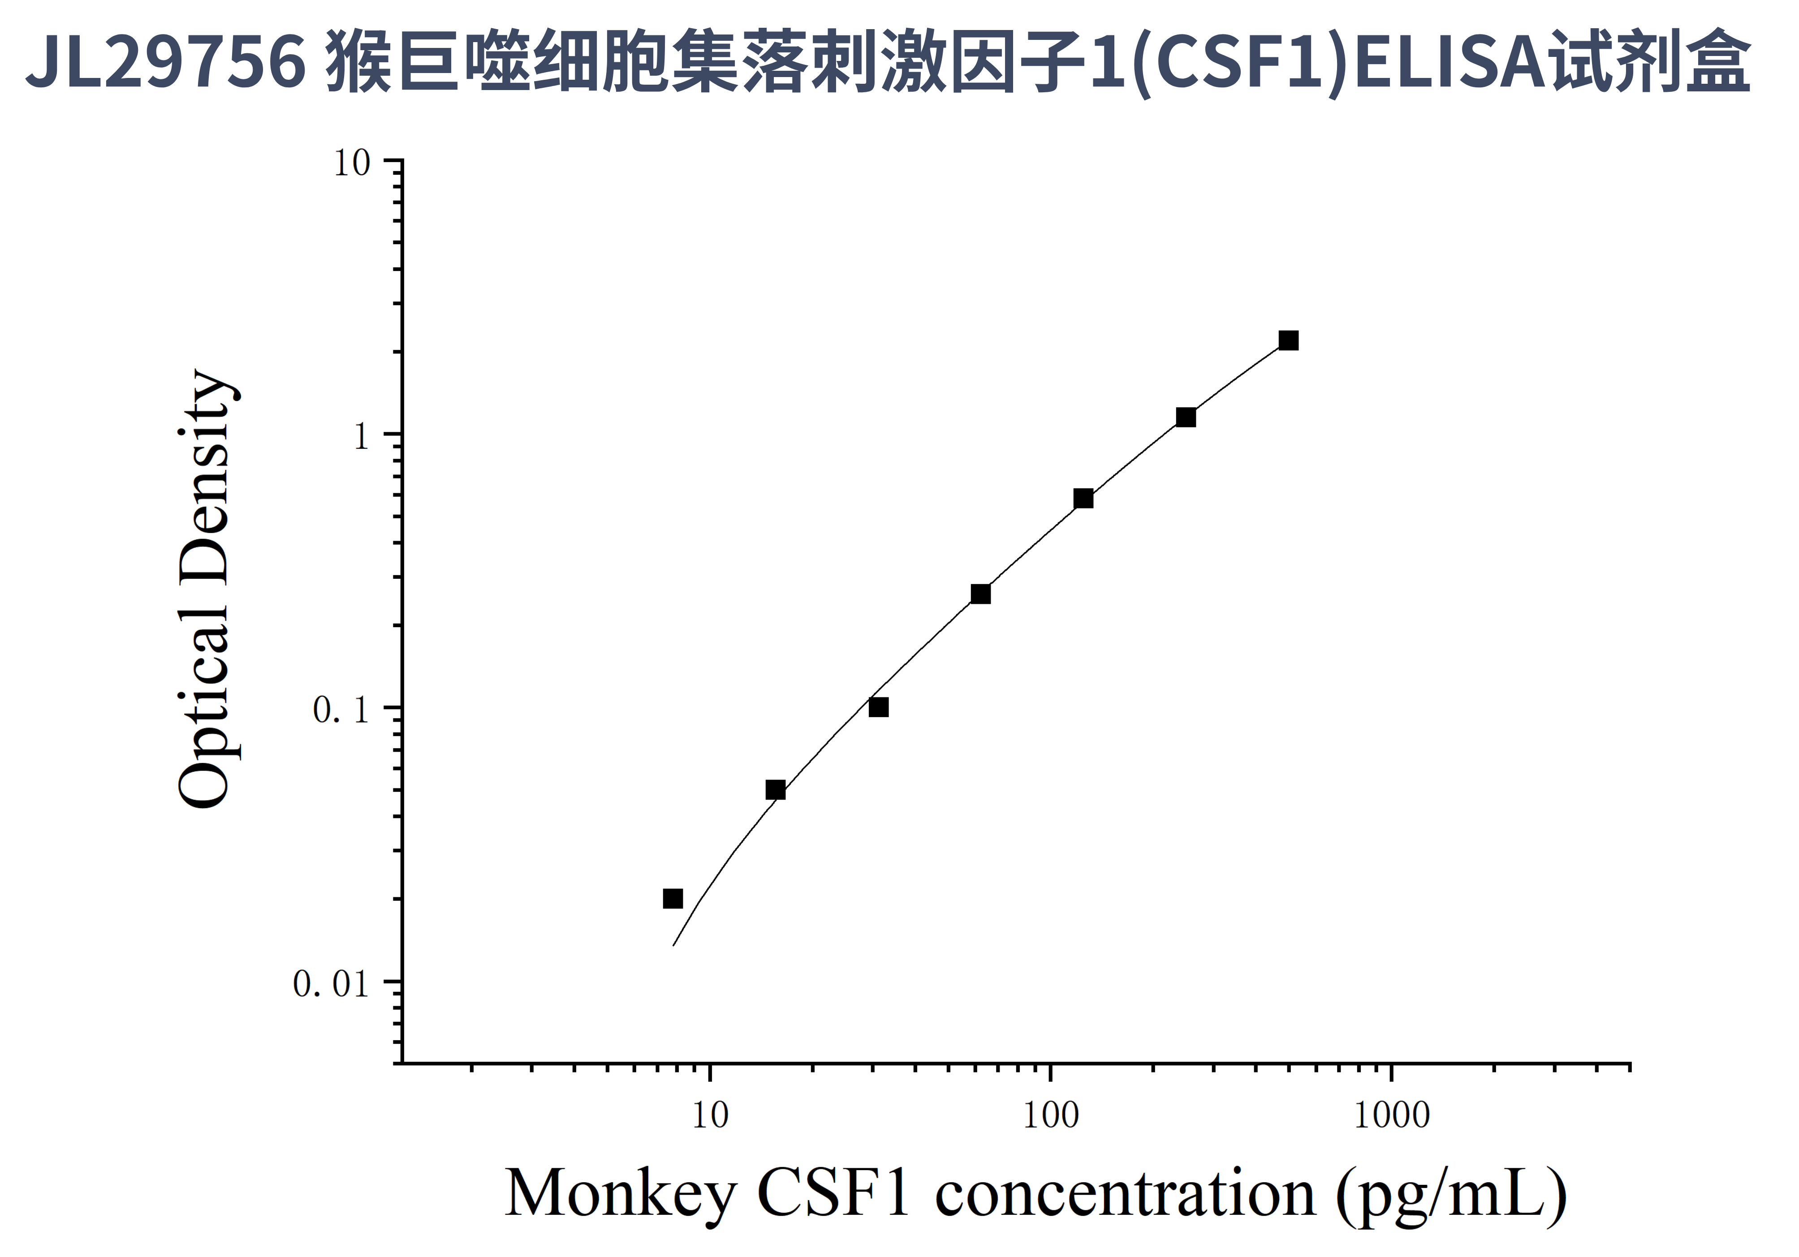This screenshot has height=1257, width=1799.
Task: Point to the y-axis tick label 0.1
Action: tap(340, 710)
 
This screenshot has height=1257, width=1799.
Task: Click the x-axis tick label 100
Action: tap(1051, 1115)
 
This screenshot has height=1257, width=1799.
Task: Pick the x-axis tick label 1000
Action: tap(1392, 1115)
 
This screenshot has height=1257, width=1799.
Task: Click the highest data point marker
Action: tap(1288, 341)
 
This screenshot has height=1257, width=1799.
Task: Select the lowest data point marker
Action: tap(672, 898)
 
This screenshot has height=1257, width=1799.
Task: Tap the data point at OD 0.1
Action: tap(878, 707)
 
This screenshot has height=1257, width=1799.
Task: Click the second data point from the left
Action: tap(775, 789)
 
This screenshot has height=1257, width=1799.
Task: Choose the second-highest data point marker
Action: tap(1186, 418)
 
